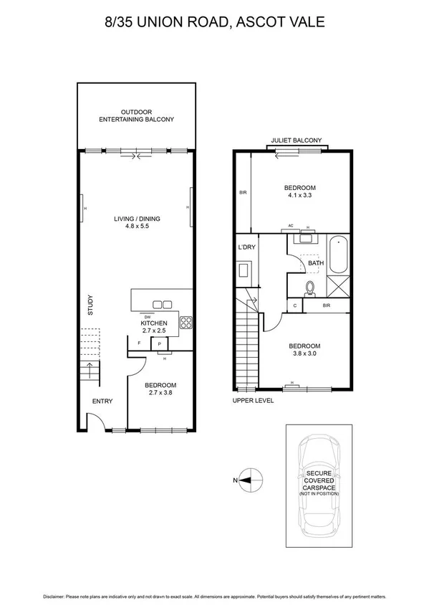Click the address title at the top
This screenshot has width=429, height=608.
[214, 22]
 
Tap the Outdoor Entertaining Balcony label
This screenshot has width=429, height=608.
[136, 116]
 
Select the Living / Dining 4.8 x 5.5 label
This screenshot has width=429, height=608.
[136, 223]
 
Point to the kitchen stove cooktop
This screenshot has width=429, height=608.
[185, 323]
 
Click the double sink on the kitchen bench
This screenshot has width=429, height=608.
[162, 304]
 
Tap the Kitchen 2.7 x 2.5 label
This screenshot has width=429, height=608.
[153, 327]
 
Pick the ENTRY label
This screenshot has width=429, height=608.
[101, 401]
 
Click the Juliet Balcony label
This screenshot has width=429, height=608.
[296, 141]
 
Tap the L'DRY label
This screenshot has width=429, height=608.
[246, 247]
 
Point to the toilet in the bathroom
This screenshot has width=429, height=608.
[310, 288]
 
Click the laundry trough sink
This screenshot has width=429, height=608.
[244, 271]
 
